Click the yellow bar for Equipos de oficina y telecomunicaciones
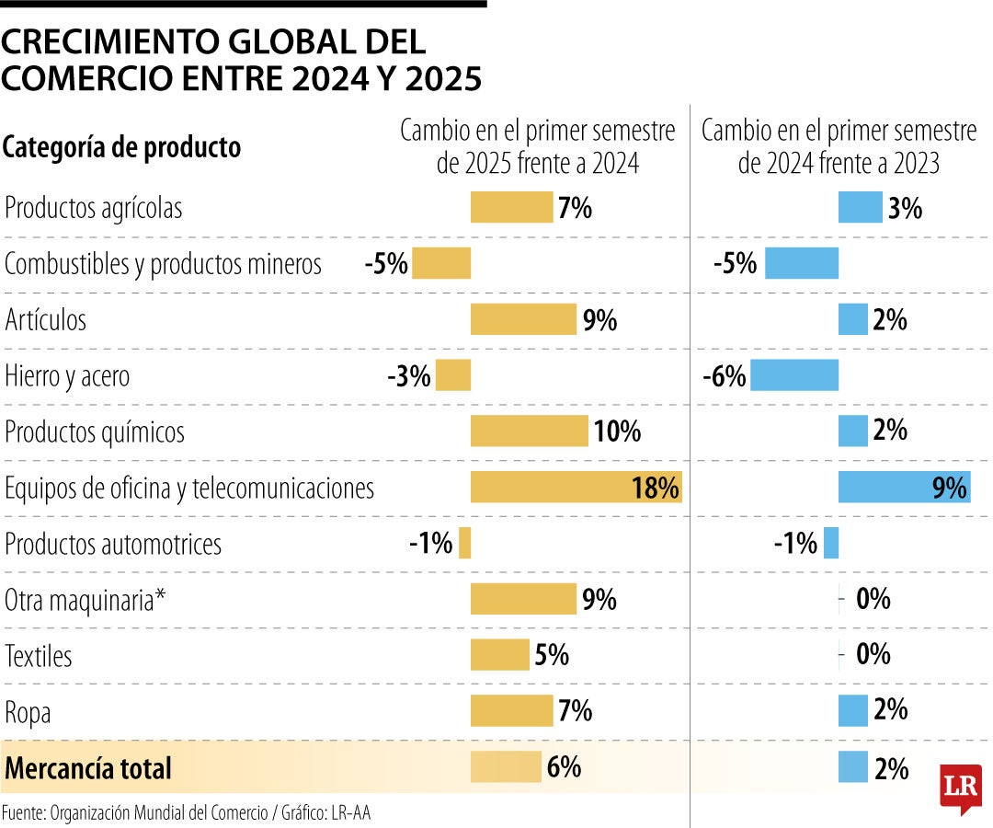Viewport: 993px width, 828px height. [576, 487]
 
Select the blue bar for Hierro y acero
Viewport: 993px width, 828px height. [793, 375]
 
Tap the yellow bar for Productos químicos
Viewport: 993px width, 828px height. [529, 431]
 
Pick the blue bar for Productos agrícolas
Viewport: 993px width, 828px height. [860, 208]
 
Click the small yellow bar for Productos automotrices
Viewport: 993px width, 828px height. [465, 543]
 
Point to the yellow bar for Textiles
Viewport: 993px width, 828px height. [499, 655]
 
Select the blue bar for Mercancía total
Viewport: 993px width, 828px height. [852, 767]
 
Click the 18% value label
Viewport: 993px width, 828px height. [655, 488]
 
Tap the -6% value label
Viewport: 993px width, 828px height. [724, 376]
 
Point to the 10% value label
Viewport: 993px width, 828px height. [617, 431]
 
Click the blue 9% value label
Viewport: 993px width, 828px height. [950, 488]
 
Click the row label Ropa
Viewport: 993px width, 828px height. [28, 712]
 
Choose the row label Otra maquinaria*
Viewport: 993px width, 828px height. [86, 600]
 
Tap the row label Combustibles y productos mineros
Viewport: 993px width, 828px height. [164, 264]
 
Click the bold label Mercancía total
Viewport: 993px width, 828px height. [88, 768]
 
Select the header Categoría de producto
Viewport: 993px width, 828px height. [122, 147]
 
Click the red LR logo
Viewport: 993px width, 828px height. [960, 788]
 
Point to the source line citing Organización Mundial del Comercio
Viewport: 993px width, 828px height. [187, 812]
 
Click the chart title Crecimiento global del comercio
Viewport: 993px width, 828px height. [241, 60]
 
